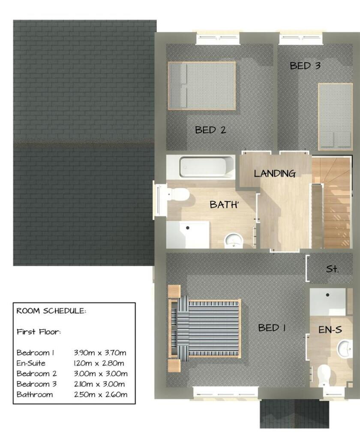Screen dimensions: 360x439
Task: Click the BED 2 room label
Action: [210, 130]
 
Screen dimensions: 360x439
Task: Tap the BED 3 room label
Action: [305, 66]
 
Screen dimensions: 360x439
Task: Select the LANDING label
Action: [275, 174]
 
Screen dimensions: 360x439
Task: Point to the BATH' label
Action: [224, 204]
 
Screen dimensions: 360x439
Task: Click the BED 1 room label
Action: [272, 328]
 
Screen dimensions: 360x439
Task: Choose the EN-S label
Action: [330, 330]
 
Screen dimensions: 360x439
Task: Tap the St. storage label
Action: [332, 269]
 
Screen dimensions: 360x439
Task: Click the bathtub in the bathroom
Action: [207, 167]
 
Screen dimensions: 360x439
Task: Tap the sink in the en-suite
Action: [345, 349]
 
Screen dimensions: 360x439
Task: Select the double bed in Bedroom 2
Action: [201, 85]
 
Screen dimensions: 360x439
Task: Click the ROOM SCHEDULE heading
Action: [51, 311]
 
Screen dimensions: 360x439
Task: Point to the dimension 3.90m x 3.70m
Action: [100, 352]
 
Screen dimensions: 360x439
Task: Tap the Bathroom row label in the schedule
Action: [35, 394]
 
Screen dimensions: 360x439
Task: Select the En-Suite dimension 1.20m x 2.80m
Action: [99, 363]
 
